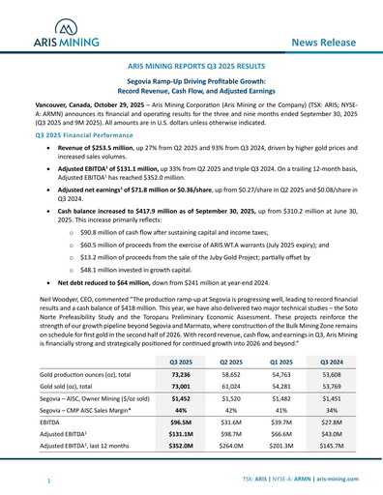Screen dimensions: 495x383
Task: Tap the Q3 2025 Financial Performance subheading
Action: [x=92, y=136]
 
